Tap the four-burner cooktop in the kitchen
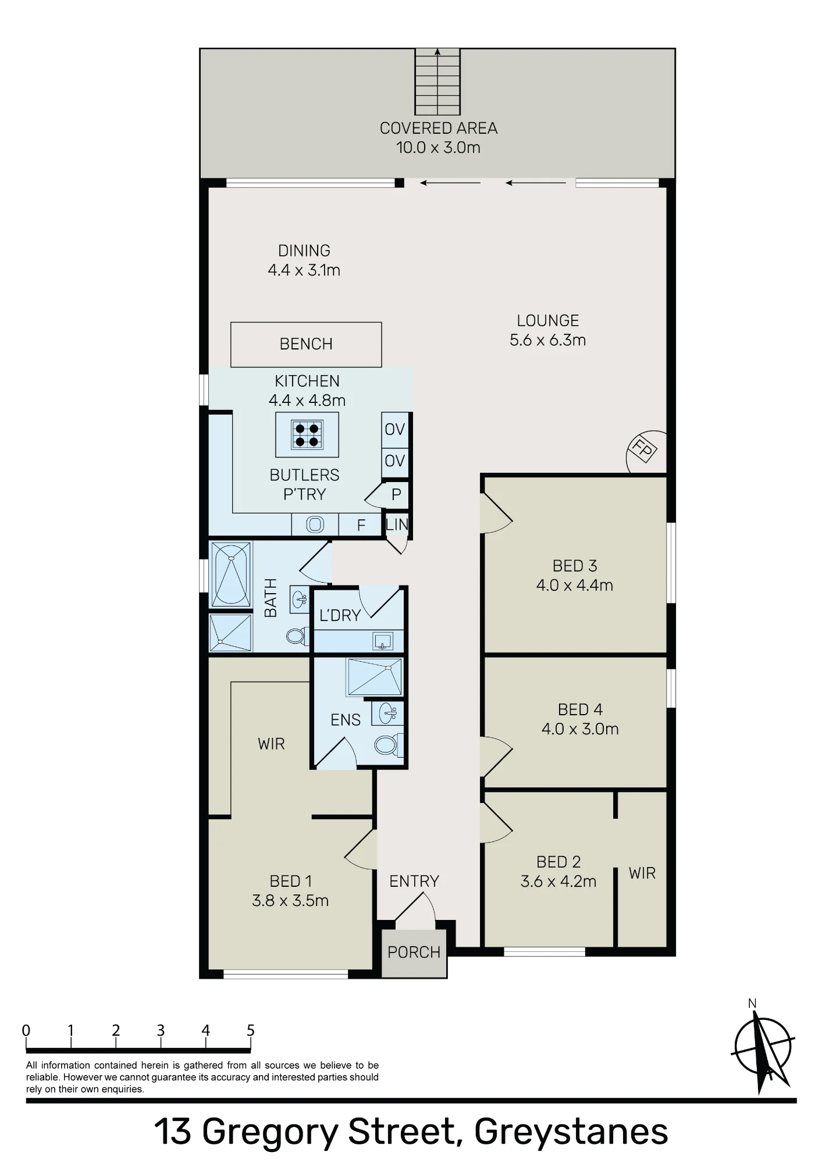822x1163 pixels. (x=307, y=434)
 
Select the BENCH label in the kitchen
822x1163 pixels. (x=306, y=344)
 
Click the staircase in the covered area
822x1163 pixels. (x=437, y=82)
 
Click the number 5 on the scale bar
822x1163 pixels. (x=251, y=1031)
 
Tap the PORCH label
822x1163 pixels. (x=414, y=952)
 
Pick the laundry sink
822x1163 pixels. (x=383, y=641)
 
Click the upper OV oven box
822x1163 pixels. (x=395, y=429)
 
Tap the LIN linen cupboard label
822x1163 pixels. (x=397, y=524)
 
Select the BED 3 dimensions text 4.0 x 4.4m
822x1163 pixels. (x=575, y=585)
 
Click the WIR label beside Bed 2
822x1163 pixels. (x=642, y=873)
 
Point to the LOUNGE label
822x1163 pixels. (x=548, y=320)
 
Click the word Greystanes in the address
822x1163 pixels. (x=571, y=1132)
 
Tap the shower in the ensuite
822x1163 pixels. (x=374, y=677)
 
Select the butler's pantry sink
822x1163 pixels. (x=315, y=525)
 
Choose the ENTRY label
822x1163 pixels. (x=414, y=881)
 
